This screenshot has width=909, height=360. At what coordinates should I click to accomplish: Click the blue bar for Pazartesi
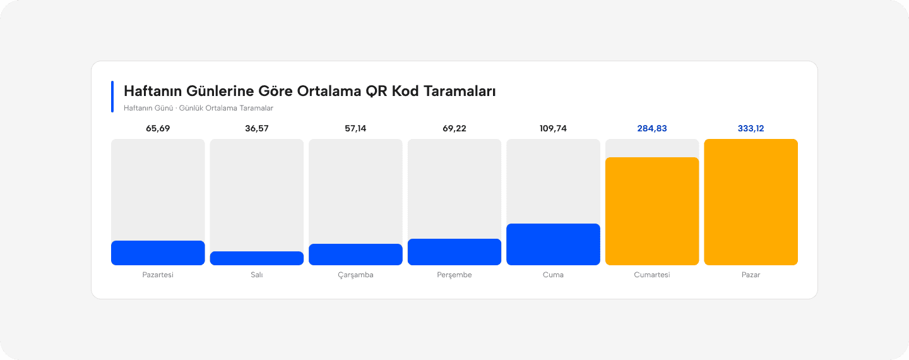click(x=158, y=253)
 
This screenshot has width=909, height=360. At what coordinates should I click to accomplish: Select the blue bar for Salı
click(x=257, y=258)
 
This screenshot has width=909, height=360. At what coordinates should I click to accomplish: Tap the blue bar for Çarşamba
click(x=355, y=255)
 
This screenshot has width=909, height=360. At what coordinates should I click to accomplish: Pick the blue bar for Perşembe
click(x=454, y=252)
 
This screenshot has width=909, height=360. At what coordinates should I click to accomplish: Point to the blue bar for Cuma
click(x=553, y=244)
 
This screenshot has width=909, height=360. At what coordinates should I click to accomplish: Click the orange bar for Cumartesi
click(x=652, y=211)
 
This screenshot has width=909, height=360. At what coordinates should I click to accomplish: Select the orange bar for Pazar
click(x=751, y=202)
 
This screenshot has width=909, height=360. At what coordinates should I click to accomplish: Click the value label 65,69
click(x=158, y=129)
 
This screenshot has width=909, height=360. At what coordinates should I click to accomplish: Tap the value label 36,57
click(x=257, y=129)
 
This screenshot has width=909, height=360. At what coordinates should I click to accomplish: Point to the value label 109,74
click(x=553, y=129)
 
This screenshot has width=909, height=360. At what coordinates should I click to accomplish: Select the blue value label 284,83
click(x=652, y=129)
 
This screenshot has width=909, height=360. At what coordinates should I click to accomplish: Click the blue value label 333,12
click(x=751, y=129)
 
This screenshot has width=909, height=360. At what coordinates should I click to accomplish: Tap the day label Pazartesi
click(x=158, y=275)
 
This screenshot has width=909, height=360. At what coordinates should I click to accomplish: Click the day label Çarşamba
click(x=355, y=275)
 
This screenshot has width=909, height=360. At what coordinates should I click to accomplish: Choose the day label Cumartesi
click(x=652, y=275)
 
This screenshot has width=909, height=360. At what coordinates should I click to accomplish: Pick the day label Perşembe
click(x=454, y=275)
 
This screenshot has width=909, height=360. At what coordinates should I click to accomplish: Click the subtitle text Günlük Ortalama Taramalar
click(x=226, y=108)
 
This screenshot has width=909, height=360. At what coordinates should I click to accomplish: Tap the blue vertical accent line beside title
click(x=112, y=97)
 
